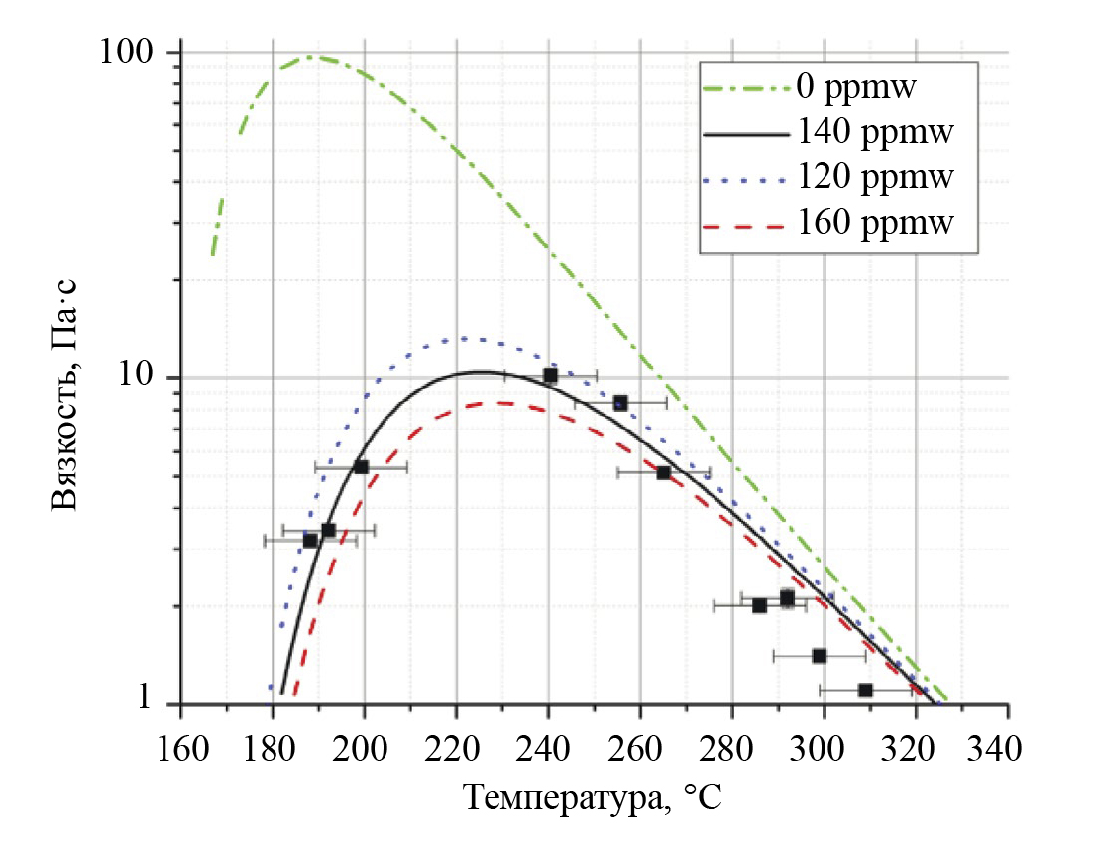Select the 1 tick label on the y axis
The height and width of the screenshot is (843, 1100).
click(152, 698)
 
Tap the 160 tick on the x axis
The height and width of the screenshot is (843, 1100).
click(180, 742)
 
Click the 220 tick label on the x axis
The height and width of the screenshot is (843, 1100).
click(456, 742)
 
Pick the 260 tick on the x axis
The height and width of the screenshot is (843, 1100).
click(639, 742)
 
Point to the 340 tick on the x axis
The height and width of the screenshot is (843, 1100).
click(1007, 742)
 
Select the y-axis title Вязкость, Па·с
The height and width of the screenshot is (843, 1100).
click(64, 393)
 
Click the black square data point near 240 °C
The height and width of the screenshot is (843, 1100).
click(550, 376)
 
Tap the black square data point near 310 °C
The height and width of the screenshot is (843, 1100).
click(865, 689)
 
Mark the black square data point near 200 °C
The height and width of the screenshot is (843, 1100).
click(361, 467)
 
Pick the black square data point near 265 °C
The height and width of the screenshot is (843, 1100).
click(663, 473)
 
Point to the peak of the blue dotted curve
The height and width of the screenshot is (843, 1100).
click(462, 339)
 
